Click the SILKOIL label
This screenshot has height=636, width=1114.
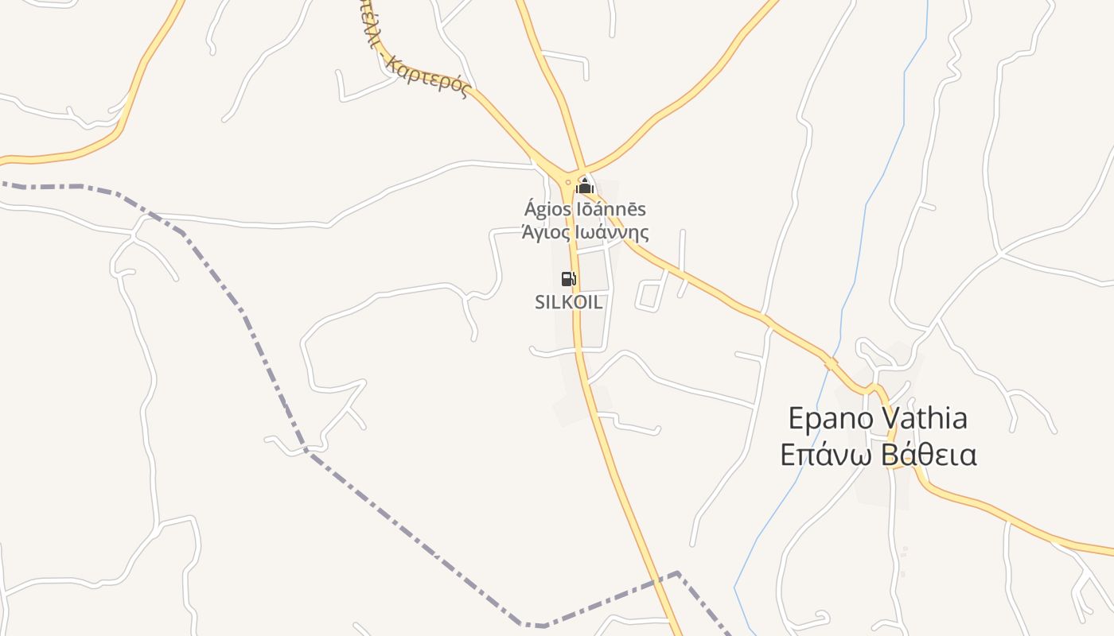click(568, 302)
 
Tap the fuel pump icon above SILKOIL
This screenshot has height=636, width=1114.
click(568, 278)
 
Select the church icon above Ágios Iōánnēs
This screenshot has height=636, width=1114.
click(585, 187)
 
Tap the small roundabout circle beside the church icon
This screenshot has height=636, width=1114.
click(567, 182)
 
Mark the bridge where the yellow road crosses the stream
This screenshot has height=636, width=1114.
click(831, 363)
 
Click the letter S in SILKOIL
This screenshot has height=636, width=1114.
click(539, 302)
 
